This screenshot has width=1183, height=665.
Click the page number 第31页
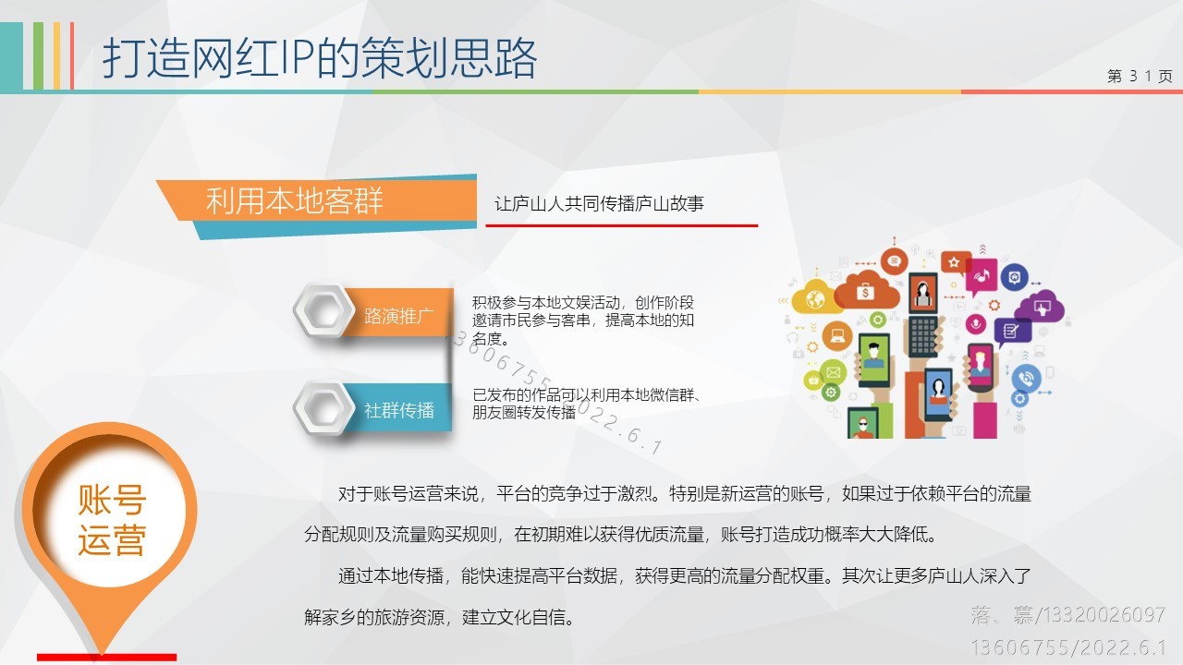coord(1140,76)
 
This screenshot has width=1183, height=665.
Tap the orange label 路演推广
coord(399,315)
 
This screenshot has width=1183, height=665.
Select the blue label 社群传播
coord(399,409)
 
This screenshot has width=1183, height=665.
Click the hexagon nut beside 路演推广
coord(323,310)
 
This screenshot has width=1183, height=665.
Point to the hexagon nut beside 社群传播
coord(323,408)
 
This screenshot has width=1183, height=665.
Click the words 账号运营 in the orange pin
coord(112,520)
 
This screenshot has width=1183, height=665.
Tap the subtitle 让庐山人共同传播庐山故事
coord(599,204)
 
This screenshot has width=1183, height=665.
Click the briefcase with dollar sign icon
coord(865,291)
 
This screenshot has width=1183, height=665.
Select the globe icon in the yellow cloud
coord(815,299)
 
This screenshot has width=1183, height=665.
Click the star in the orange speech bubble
coord(954,261)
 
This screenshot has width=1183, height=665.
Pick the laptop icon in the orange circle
coord(837,335)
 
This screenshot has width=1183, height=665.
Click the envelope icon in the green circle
coord(833,372)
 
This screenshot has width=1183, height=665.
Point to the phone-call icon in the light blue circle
coord(1026,379)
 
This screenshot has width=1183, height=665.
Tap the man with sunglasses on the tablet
coord(863,424)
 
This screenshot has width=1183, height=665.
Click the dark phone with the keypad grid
coord(923,334)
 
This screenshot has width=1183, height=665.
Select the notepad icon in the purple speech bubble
coord(1010,332)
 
